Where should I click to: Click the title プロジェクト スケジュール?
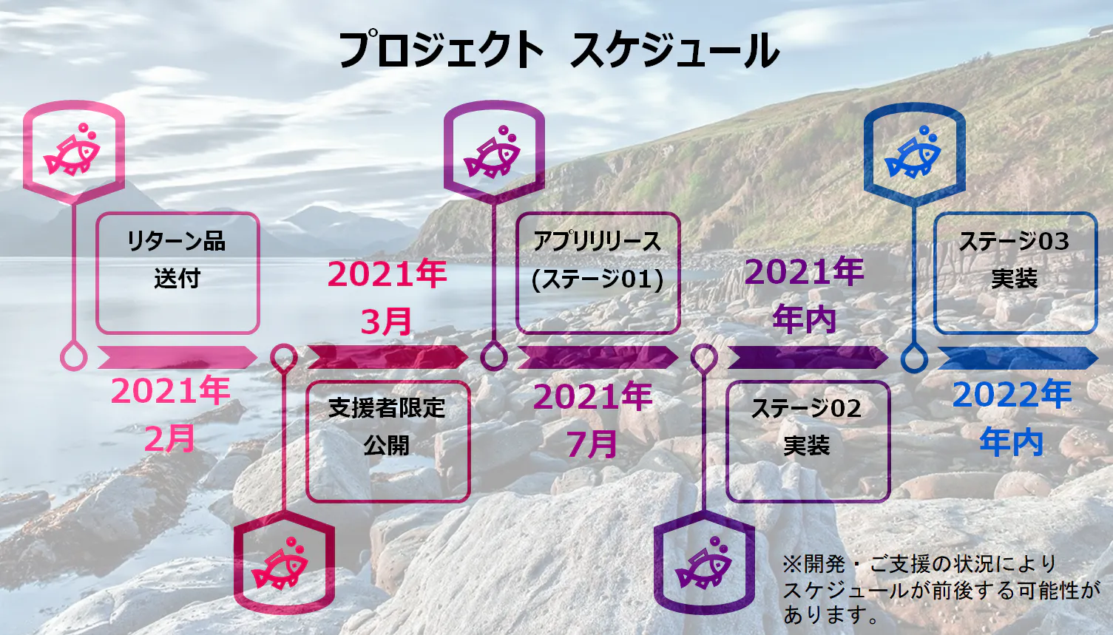pos(558,50)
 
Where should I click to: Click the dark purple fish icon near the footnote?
pos(703,563)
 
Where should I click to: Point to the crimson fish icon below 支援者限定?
pos(280,563)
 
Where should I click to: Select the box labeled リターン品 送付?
pos(177,273)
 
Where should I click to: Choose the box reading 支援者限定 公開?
pos(388,441)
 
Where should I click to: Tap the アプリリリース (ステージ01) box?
pos(598,273)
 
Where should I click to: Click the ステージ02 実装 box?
pos(808,441)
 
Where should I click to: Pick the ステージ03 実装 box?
pos(1015,273)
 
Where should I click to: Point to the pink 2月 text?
pos(169,439)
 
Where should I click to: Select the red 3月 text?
pos(386,322)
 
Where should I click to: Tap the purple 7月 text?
pos(592,444)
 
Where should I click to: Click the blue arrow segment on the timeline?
pos(1018,358)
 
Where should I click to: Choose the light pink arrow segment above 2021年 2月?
pos(177,358)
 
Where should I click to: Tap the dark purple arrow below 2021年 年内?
pos(808,358)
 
